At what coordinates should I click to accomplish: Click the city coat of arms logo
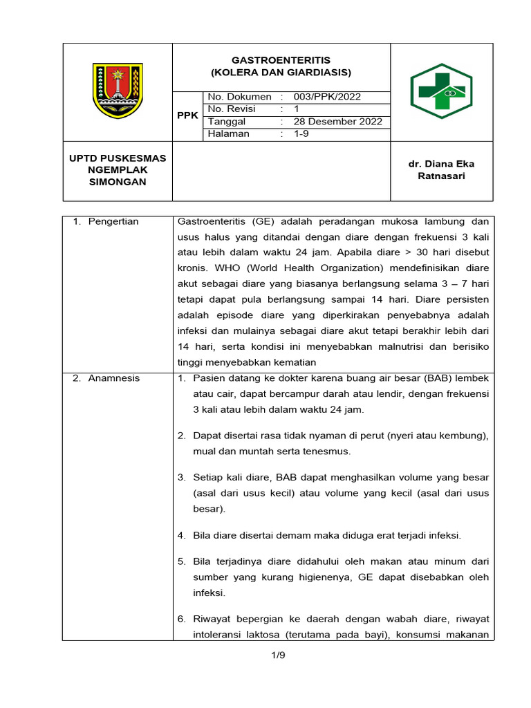pyautogui.click(x=118, y=90)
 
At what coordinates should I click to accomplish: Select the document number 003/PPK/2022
pyautogui.click(x=327, y=97)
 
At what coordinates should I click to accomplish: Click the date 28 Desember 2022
pyautogui.click(x=337, y=122)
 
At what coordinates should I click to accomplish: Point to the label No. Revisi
pyautogui.click(x=232, y=109)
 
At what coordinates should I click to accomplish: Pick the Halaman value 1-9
pyautogui.click(x=303, y=134)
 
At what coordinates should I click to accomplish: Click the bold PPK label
pyautogui.click(x=187, y=115)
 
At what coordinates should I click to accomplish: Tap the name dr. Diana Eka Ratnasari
pyautogui.click(x=441, y=170)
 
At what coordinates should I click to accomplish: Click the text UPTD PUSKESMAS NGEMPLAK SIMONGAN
pyautogui.click(x=118, y=170)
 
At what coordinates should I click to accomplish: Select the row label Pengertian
pyautogui.click(x=113, y=222)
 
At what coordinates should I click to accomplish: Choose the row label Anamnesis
pyautogui.click(x=113, y=378)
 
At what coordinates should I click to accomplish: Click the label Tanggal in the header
pyautogui.click(x=227, y=122)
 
